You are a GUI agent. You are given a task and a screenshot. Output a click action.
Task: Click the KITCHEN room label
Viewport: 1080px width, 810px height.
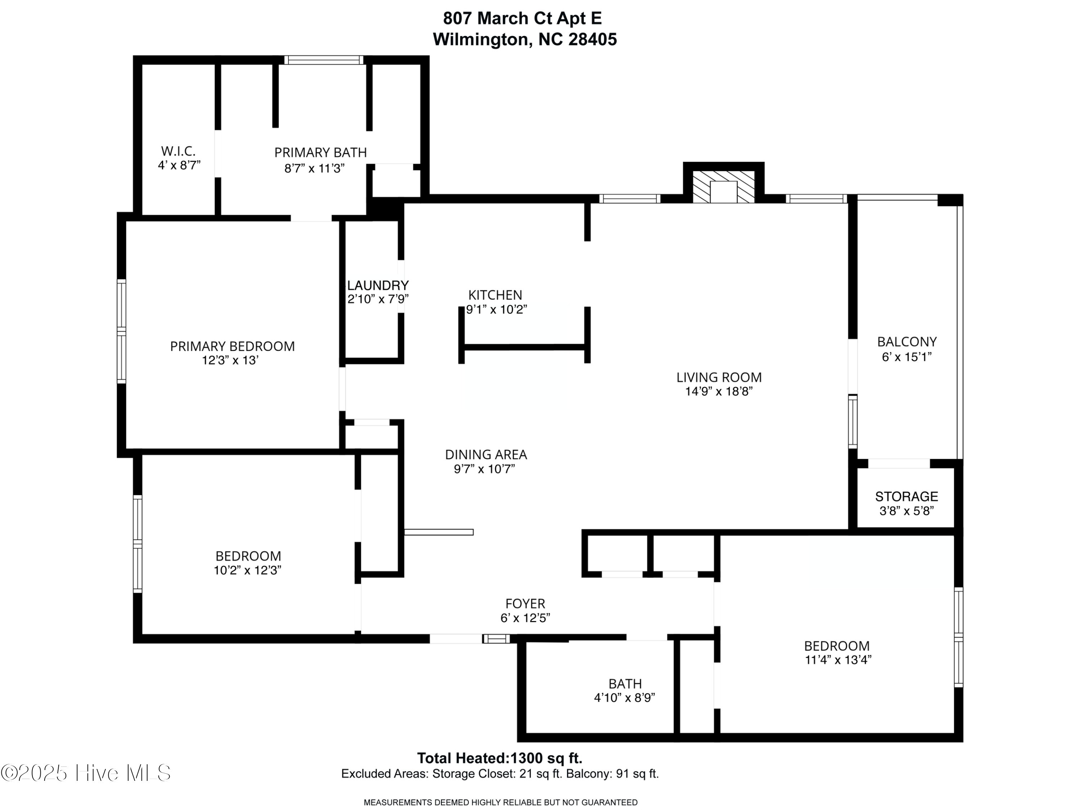coord(495,295)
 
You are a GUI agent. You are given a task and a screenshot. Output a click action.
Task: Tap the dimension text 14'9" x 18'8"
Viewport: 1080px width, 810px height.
coord(719,392)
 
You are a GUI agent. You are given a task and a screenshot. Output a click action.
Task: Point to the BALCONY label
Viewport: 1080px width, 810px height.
coord(907,342)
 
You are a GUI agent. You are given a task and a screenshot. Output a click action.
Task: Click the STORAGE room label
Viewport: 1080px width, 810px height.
coord(906,496)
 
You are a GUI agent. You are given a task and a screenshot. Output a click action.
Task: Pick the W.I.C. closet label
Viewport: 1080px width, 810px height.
coord(178,151)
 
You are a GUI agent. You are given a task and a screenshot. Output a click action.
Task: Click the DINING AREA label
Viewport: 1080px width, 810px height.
coord(486,455)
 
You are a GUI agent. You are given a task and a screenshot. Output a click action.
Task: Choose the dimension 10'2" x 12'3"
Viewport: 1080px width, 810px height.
coord(248,570)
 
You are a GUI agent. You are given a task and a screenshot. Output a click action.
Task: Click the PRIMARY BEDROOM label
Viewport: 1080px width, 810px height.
coord(233,346)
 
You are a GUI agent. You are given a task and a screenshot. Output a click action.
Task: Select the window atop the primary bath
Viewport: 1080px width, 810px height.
coord(324,60)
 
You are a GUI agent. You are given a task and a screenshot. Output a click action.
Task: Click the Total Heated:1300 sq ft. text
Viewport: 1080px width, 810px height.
coord(499,758)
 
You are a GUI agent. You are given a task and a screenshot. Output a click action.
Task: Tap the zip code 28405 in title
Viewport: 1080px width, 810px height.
coord(592,40)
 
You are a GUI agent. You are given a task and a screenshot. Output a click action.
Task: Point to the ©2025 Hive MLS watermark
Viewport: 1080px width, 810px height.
coord(86,773)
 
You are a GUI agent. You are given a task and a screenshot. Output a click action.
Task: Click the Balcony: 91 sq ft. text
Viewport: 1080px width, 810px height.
coord(612,774)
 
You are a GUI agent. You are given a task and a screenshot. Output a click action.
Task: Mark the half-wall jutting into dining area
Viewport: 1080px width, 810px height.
coord(438,532)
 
